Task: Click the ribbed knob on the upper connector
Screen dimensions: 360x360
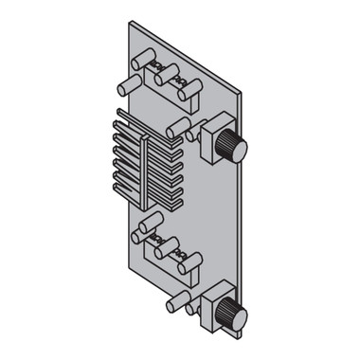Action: click(x=232, y=148)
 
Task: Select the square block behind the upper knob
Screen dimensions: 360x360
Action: click(x=214, y=132)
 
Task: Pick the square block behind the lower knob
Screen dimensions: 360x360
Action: click(x=214, y=299)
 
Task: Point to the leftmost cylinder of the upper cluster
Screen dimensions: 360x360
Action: click(x=128, y=86)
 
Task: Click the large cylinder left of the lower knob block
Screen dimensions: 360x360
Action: click(x=177, y=302)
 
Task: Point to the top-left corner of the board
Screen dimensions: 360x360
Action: click(x=130, y=22)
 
